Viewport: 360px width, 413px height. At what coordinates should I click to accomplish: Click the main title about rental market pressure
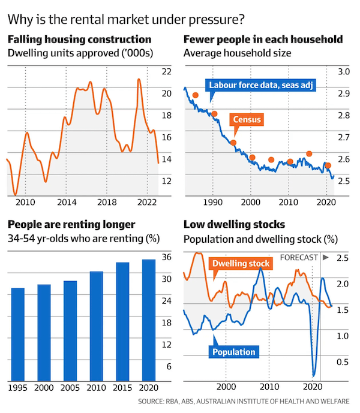click(126, 18)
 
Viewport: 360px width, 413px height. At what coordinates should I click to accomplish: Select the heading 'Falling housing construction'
click(79, 40)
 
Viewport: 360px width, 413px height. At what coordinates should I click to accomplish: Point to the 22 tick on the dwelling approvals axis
click(167, 71)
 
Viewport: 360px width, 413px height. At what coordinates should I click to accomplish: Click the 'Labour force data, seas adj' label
click(262, 85)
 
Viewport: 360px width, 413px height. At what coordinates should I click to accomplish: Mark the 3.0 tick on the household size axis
click(343, 71)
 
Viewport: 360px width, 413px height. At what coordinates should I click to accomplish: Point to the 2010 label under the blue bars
click(96, 387)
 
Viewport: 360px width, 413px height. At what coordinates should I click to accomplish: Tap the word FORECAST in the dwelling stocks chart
click(299, 258)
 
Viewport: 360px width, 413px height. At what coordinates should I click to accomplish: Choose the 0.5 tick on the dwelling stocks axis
click(343, 361)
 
